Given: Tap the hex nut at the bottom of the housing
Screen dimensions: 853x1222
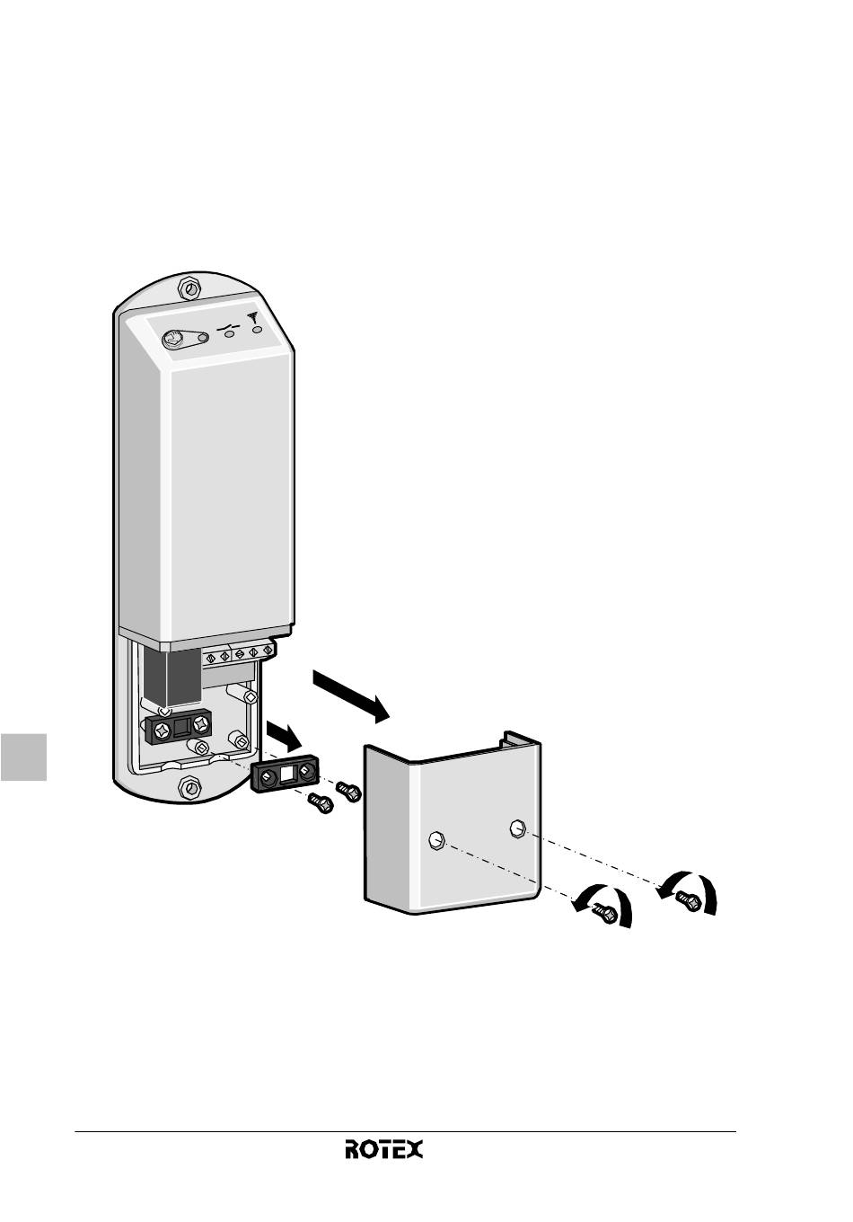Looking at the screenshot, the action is (189, 787).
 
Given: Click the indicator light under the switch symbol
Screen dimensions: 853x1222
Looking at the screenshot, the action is (230, 335).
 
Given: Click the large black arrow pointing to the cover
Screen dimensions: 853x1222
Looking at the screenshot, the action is (351, 696).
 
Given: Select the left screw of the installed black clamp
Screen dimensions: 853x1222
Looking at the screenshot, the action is (161, 728).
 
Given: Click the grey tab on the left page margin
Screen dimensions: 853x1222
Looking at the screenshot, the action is (23, 757).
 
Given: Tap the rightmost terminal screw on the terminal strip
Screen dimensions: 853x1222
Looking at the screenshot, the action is (267, 651).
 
